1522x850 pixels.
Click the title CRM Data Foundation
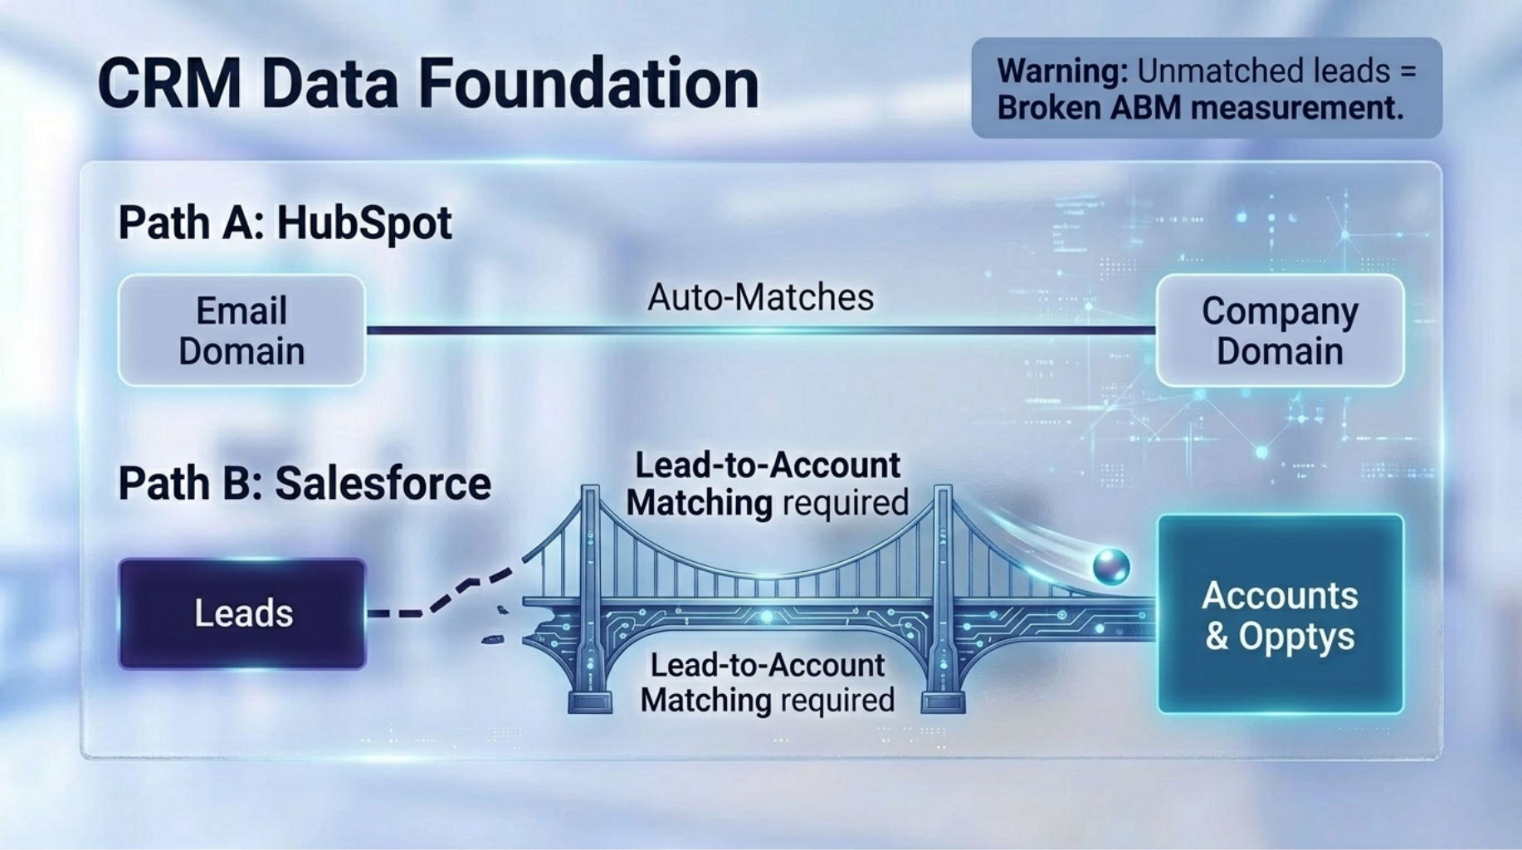pyautogui.click(x=427, y=84)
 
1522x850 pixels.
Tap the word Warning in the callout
pyautogui.click(x=1061, y=71)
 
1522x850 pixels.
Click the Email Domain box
pyautogui.click(x=241, y=330)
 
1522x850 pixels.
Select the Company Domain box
pyautogui.click(x=1279, y=330)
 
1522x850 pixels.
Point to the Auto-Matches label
pyautogui.click(x=760, y=297)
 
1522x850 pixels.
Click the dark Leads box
pyautogui.click(x=242, y=613)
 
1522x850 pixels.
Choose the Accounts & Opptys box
pyautogui.click(x=1280, y=614)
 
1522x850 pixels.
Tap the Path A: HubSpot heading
pyautogui.click(x=285, y=222)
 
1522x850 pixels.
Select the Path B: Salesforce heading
pyautogui.click(x=304, y=483)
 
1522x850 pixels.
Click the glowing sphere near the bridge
pyautogui.click(x=1111, y=566)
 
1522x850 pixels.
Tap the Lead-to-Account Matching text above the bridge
pyautogui.click(x=767, y=484)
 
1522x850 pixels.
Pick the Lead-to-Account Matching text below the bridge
pyautogui.click(x=767, y=682)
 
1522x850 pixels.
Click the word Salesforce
pyautogui.click(x=383, y=483)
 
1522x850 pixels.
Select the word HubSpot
pyautogui.click(x=363, y=222)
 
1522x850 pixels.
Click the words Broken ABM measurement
pyautogui.click(x=1199, y=108)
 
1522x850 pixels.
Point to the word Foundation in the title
pyautogui.click(x=588, y=84)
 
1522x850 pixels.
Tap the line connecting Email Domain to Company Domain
pyautogui.click(x=760, y=330)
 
